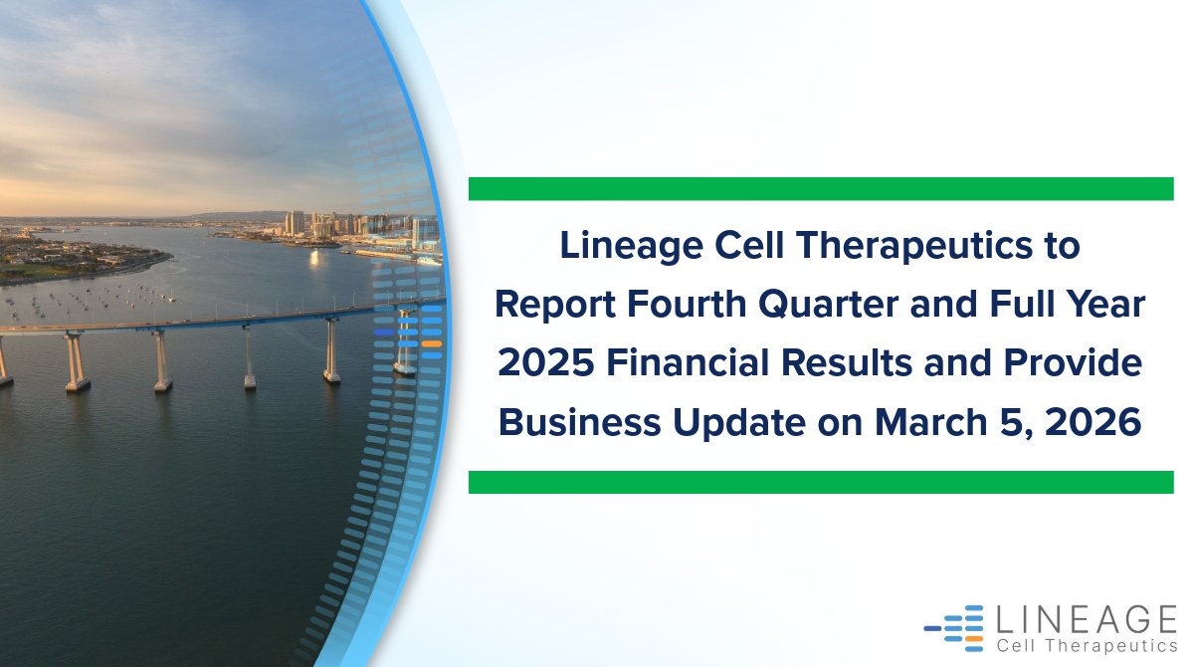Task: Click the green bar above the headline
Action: point(821,188)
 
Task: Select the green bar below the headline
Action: point(821,482)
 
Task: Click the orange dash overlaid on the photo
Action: point(431,343)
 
